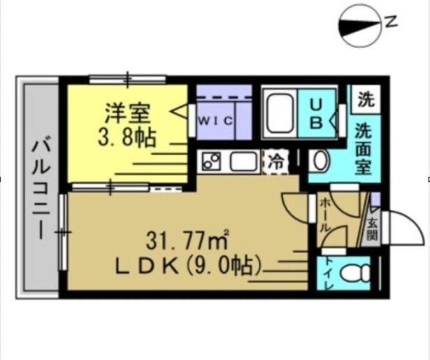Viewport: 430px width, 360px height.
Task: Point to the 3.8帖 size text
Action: point(127,135)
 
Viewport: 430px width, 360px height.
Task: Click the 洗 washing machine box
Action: point(365,99)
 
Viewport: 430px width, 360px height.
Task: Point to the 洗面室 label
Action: point(362,149)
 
